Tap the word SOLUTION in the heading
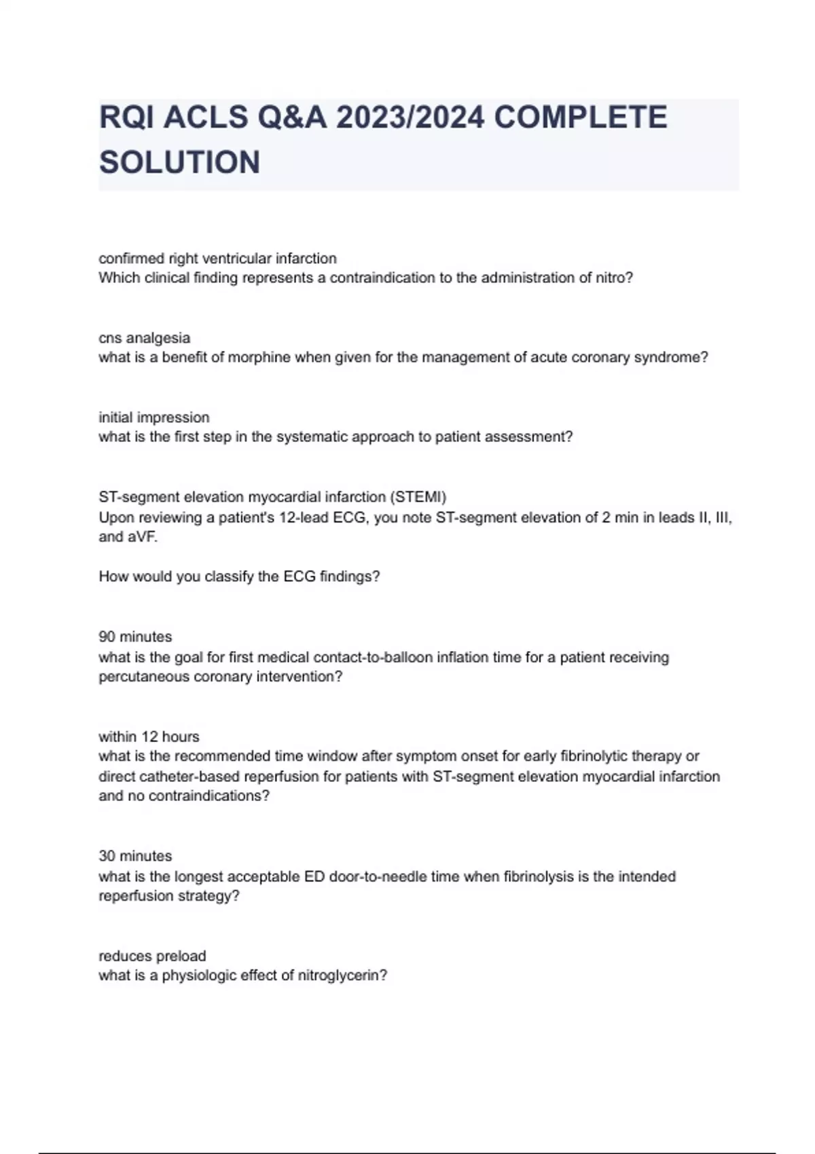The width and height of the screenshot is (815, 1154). [x=179, y=162]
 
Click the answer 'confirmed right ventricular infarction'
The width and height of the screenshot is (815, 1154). [x=217, y=258]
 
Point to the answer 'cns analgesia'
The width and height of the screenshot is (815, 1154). [x=144, y=337]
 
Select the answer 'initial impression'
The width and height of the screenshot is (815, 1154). [x=153, y=417]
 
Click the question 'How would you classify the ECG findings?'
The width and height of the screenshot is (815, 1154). [x=239, y=576]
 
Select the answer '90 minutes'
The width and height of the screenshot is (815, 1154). [x=135, y=637]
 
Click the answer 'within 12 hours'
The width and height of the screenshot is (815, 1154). [x=149, y=737]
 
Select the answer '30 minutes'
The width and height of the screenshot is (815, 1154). [x=135, y=856]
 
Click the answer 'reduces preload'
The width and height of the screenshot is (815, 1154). [x=152, y=956]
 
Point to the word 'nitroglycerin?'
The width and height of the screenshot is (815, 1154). [x=342, y=975]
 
